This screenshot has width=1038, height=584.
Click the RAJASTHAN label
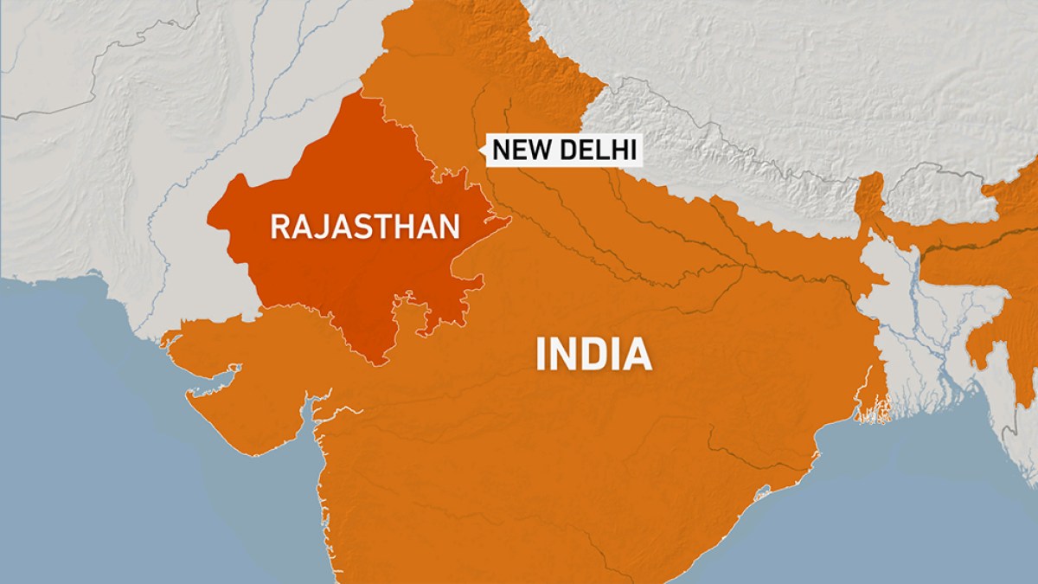tap(364, 227)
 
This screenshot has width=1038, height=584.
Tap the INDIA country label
tap(593, 355)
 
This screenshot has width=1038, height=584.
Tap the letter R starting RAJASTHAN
tap(280, 227)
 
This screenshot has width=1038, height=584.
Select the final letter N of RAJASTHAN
tap(448, 227)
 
